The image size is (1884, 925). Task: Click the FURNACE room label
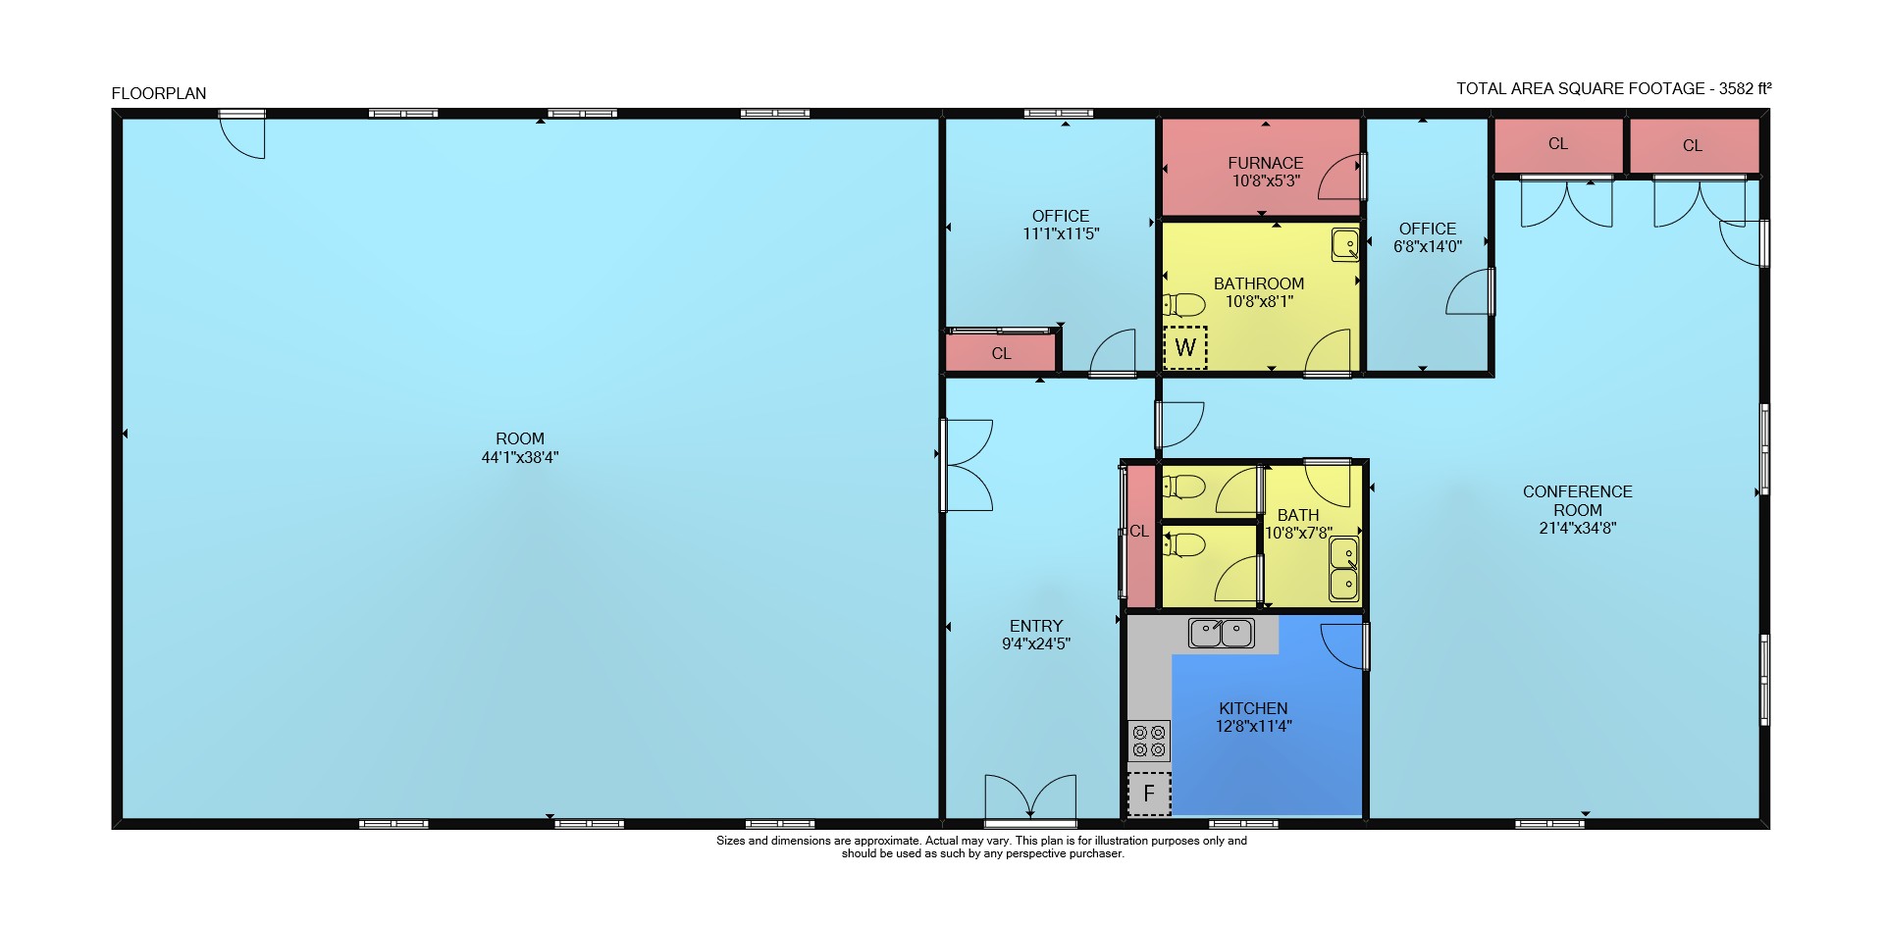pos(1266,163)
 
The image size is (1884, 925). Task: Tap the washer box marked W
pos(1185,347)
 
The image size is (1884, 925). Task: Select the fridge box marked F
pos(1149,794)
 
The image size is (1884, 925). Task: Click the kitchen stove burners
pos(1149,741)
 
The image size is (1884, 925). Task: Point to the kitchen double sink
pos(1222,633)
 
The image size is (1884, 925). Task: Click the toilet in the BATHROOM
pos(1184,304)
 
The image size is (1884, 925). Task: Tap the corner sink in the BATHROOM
pos(1345,244)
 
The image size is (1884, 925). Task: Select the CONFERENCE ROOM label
pos(1578,500)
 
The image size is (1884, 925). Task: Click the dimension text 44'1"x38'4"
pos(520,457)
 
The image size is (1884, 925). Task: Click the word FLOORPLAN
pos(159,93)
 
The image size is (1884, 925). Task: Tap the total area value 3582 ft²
pos(1745,88)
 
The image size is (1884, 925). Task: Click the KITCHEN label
pos(1253,708)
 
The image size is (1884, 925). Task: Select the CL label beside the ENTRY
pos(1139,531)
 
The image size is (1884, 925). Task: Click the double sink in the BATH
pos(1344,568)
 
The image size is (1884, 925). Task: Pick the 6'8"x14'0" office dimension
pos(1428,246)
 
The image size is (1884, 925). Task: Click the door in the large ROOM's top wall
pos(242,134)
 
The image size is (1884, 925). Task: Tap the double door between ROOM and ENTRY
pos(967,465)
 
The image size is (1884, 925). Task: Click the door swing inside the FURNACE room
pos(1340,177)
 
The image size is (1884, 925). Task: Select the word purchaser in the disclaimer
pos(1097,853)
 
